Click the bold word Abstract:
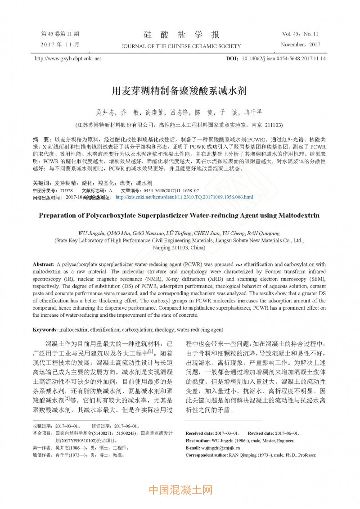coord(44,264)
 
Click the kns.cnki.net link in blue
coord(184,197)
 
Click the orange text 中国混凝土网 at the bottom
coord(180,490)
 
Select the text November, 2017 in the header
coord(300,45)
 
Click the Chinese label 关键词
coord(42,184)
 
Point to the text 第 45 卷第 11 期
coord(60,34)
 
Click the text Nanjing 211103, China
coord(179,248)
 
